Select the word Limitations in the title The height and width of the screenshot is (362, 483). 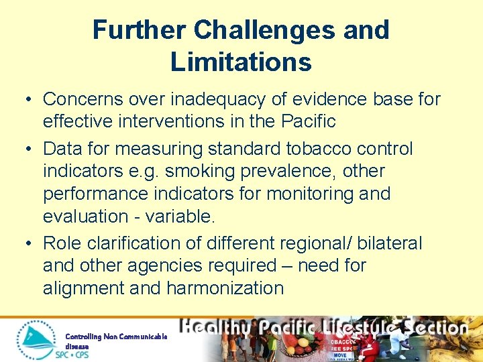click(x=241, y=62)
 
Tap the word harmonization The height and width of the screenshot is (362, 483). click(x=225, y=288)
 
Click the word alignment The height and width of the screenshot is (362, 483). click(x=87, y=288)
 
